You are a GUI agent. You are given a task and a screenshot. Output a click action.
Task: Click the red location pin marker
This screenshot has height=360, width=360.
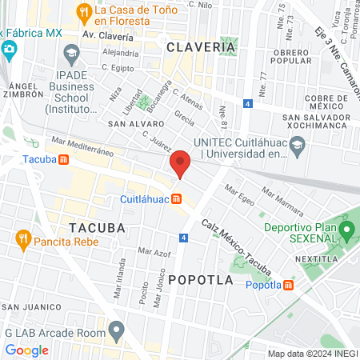click(181, 164)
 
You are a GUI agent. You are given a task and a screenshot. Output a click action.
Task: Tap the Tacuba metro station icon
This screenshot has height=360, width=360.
click(62, 159)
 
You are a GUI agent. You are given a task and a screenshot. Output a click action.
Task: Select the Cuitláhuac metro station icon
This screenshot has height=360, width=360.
click(176, 199)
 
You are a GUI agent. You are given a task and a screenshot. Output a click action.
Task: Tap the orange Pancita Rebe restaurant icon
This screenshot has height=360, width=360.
click(23, 238)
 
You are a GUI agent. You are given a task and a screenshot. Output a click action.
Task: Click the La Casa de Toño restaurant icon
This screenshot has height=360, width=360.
click(83, 11)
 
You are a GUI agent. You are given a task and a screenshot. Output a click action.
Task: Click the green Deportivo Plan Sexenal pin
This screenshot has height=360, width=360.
click(346, 232)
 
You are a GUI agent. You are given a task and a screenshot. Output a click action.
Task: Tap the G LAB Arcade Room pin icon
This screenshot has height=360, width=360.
click(118, 329)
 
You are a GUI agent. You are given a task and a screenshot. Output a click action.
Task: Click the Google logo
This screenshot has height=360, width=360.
click(26, 350)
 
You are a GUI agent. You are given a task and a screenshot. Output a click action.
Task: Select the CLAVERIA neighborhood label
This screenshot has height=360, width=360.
click(201, 47)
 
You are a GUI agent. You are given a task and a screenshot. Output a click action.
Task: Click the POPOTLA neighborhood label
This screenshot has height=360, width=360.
click(202, 280)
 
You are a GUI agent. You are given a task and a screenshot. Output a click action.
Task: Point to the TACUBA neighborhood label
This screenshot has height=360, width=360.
click(97, 227)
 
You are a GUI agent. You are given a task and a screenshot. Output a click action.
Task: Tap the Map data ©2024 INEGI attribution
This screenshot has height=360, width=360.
click(311, 354)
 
